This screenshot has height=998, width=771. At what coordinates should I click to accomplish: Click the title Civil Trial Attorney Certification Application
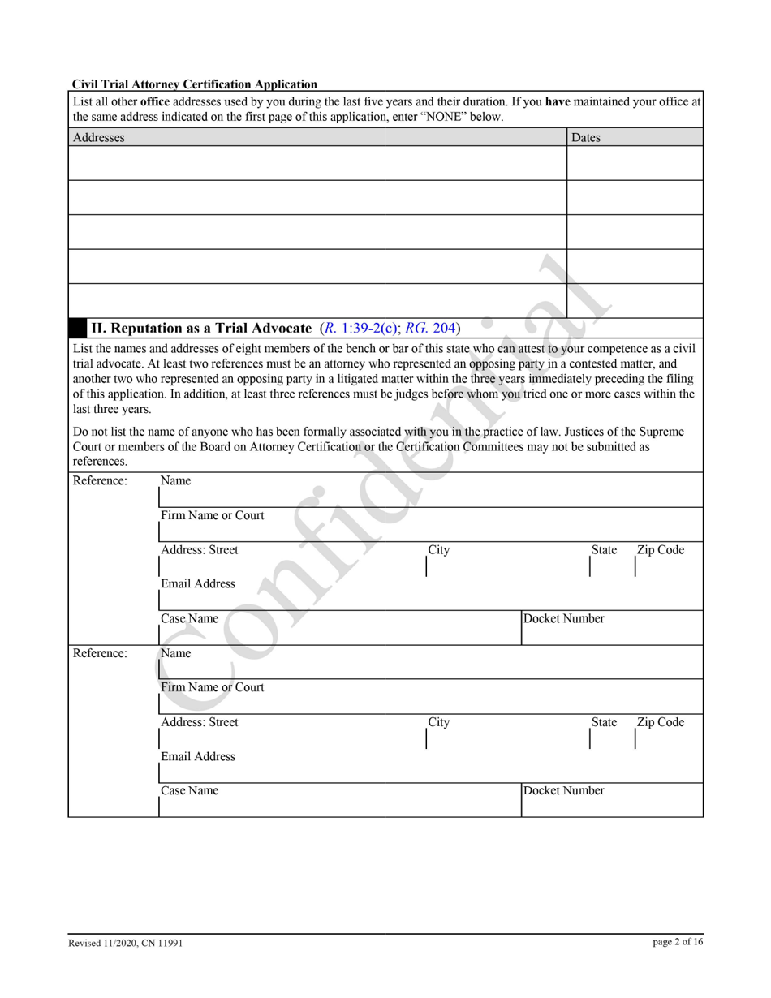(x=195, y=84)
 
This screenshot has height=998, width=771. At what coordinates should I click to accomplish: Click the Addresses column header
(x=99, y=137)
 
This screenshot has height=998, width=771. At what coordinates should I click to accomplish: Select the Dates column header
(x=586, y=137)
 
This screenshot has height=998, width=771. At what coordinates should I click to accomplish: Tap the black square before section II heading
(x=78, y=328)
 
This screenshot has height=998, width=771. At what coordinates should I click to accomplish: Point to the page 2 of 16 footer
(x=678, y=942)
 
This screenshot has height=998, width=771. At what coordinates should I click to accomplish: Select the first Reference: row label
(x=100, y=480)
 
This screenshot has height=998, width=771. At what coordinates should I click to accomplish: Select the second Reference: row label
(x=100, y=653)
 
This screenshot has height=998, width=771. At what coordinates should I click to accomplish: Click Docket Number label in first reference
(x=564, y=618)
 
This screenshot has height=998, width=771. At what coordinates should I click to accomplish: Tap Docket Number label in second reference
(x=564, y=790)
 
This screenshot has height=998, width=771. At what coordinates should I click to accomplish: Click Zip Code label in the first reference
(x=661, y=550)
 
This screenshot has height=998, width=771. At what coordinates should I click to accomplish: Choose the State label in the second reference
(x=604, y=722)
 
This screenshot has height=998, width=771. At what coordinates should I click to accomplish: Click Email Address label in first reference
(x=198, y=583)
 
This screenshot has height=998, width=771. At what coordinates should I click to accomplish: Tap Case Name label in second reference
(x=189, y=790)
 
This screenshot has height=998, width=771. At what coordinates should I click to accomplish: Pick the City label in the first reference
(x=439, y=550)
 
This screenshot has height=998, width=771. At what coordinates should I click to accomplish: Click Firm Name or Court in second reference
(x=212, y=687)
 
